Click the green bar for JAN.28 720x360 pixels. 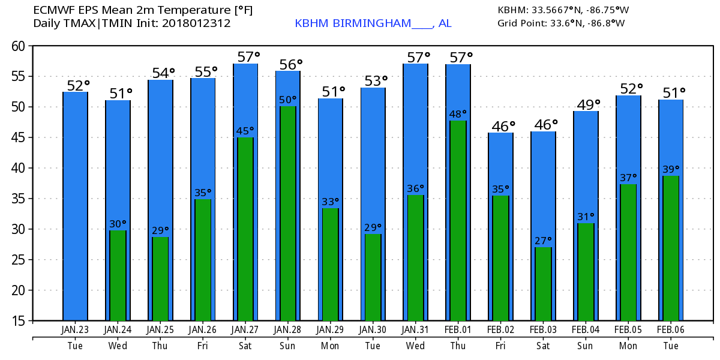288,213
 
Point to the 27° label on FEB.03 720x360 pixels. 543,241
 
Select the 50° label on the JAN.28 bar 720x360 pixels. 288,100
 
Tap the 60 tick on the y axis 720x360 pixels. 21,46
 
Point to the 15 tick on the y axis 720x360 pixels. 21,321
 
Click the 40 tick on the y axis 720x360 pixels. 21,168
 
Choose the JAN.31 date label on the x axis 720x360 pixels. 415,330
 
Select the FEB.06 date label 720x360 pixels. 671,330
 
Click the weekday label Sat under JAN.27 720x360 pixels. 245,346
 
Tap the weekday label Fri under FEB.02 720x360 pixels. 500,346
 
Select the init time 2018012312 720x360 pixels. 196,23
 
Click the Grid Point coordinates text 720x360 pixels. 561,23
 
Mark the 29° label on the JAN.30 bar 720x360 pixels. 373,227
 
